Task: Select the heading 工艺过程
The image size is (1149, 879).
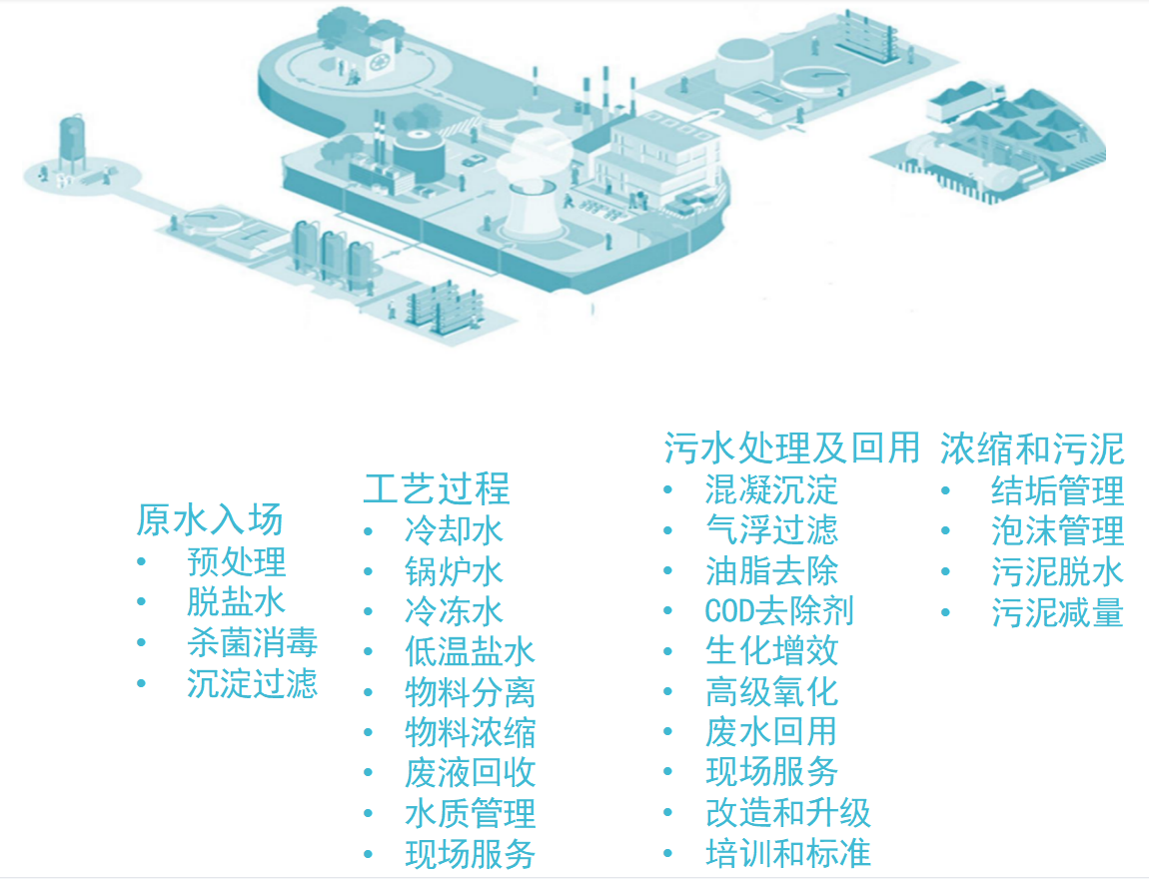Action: click(x=437, y=488)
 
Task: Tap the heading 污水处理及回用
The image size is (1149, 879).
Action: click(x=791, y=447)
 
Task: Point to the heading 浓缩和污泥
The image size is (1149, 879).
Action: click(x=1032, y=448)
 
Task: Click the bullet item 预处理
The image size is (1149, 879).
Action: click(x=236, y=561)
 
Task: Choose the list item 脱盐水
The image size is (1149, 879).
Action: click(x=236, y=601)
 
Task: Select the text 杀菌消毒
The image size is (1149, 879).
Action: click(x=252, y=642)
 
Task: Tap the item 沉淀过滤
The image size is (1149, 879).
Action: click(x=252, y=683)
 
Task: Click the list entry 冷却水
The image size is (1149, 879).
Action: click(x=454, y=529)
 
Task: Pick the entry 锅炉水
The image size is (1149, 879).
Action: click(x=454, y=570)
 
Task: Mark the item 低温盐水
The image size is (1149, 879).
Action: click(x=470, y=651)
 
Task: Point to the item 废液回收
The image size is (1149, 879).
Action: click(x=470, y=772)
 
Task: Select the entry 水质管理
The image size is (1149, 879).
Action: click(x=470, y=813)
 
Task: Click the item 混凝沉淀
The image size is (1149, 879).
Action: click(x=771, y=489)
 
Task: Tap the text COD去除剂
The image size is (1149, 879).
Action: click(x=779, y=610)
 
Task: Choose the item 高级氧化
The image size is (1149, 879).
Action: click(x=771, y=691)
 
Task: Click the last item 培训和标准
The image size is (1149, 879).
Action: click(x=787, y=853)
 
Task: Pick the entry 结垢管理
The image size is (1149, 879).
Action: click(x=1057, y=489)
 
